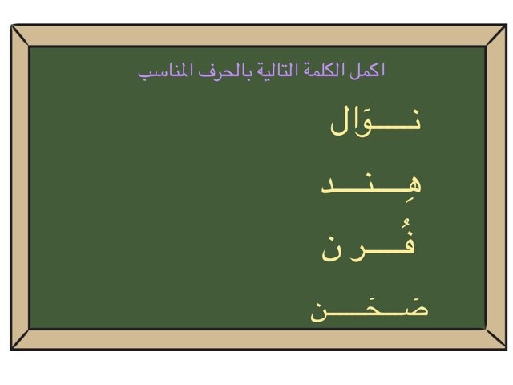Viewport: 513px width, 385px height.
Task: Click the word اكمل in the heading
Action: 370,71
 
